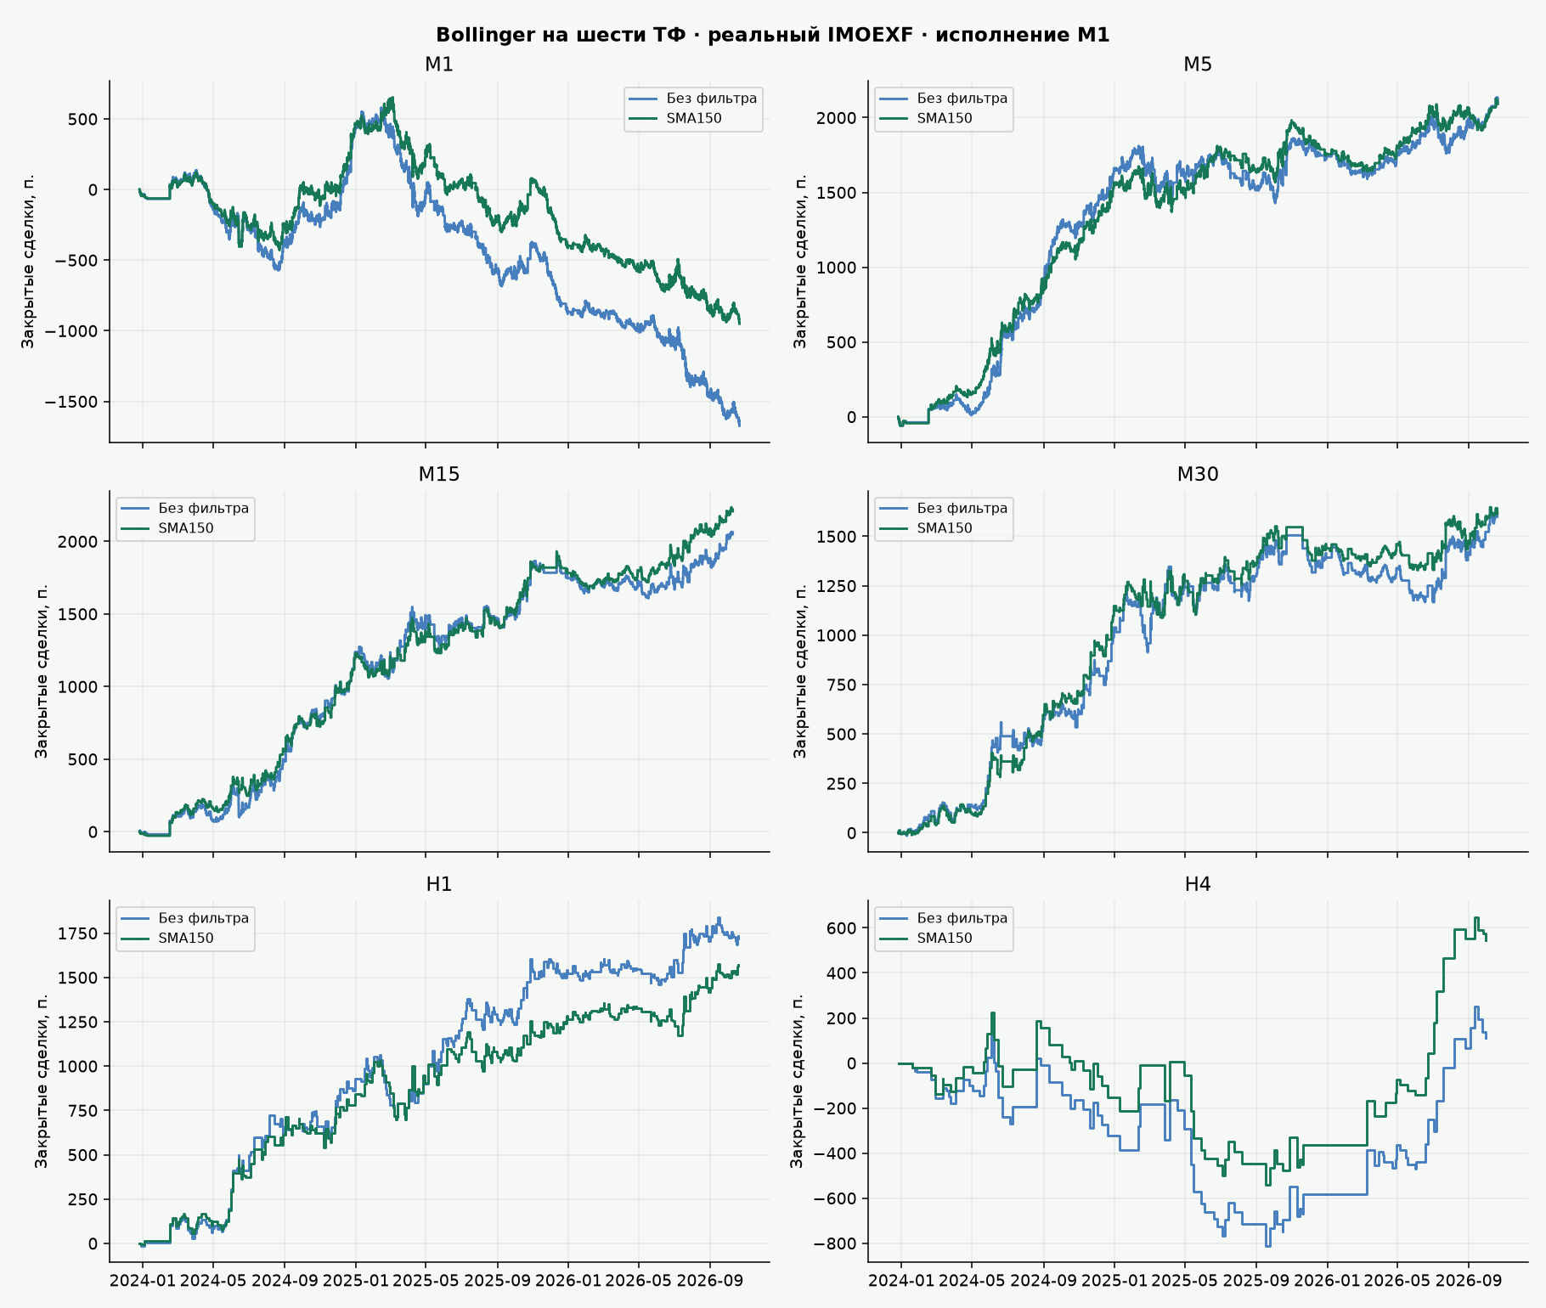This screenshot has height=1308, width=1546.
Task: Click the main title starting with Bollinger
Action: (x=772, y=35)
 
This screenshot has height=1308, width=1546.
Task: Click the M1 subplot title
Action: (x=439, y=65)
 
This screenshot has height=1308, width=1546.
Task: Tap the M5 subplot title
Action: (x=1198, y=65)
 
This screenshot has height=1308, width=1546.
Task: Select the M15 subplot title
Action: (x=439, y=474)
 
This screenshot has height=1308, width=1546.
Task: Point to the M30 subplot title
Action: (x=1198, y=474)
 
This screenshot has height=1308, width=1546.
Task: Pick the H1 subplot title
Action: (x=439, y=884)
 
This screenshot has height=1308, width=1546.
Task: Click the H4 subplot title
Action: (x=1198, y=884)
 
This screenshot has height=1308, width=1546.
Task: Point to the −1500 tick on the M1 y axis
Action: (x=76, y=402)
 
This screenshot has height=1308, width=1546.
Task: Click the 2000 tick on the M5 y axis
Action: (x=837, y=117)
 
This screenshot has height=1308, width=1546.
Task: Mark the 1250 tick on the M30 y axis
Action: (x=837, y=586)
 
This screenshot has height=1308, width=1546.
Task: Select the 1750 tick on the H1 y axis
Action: (x=78, y=934)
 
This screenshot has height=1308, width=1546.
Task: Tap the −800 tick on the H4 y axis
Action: (x=835, y=1244)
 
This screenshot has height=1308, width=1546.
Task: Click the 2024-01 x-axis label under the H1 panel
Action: (x=143, y=1282)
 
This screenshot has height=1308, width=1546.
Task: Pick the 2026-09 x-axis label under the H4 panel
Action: (x=1468, y=1282)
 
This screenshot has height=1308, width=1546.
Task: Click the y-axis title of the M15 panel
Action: (x=42, y=671)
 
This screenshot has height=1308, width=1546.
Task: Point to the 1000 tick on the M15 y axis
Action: (x=78, y=686)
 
